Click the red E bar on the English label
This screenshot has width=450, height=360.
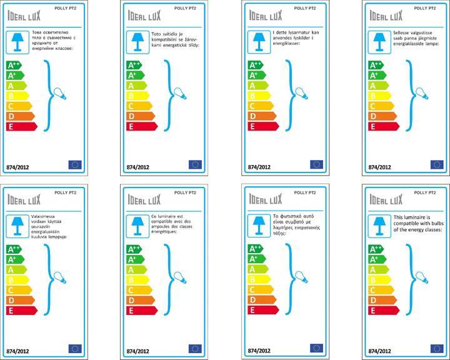click(x=381, y=310)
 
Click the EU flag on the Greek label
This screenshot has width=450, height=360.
click(x=316, y=348)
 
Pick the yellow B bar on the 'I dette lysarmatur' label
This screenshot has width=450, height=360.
click(x=257, y=96)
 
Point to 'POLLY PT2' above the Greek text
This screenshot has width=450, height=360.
click(x=304, y=192)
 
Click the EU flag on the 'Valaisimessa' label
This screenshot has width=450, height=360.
click(x=76, y=348)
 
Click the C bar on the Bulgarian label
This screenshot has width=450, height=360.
click(x=17, y=106)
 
